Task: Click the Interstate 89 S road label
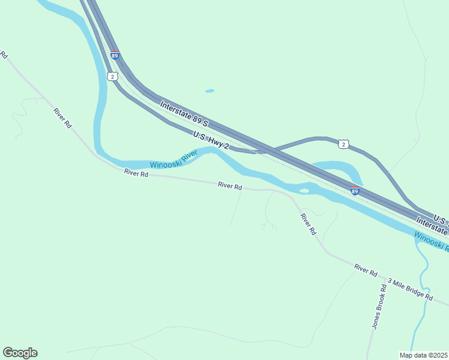point(184,114)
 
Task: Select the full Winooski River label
point(173,160)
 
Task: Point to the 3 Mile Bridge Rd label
point(410,289)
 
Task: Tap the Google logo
point(20,353)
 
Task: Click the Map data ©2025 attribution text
point(424,355)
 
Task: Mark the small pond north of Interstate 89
point(209,91)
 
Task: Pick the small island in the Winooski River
point(304,191)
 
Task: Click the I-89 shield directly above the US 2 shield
point(115,55)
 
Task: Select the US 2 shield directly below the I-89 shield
point(112,76)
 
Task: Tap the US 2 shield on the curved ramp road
point(342,144)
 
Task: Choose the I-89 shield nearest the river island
point(355,191)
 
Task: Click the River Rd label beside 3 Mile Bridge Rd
point(365,270)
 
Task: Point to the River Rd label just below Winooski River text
point(136,173)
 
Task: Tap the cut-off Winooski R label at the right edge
point(431,241)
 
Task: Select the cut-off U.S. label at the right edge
point(440,218)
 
